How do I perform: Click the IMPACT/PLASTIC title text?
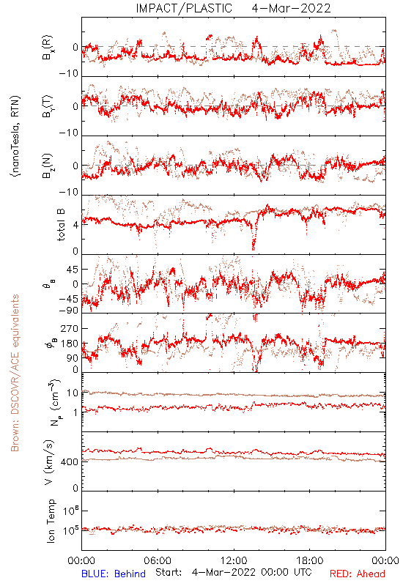click(184, 8)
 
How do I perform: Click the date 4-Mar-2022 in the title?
click(291, 8)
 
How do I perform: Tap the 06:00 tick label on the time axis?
click(158, 560)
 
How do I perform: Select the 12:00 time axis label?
click(234, 560)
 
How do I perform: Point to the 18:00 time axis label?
click(310, 560)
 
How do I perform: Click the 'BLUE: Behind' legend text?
click(114, 574)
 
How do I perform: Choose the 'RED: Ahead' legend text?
click(357, 574)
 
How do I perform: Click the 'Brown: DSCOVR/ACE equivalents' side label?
click(15, 373)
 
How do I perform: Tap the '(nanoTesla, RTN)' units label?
click(15, 136)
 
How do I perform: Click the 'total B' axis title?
click(61, 224)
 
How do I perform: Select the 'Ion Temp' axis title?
click(51, 521)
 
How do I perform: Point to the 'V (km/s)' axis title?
click(49, 462)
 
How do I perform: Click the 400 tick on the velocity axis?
click(70, 462)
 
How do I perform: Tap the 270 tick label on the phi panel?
click(70, 328)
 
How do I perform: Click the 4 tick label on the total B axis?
click(76, 225)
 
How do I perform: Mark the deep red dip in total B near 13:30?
click(254, 245)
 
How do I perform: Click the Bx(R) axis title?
click(48, 48)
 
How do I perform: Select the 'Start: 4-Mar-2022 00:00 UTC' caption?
click(234, 573)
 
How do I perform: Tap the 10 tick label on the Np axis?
click(73, 393)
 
